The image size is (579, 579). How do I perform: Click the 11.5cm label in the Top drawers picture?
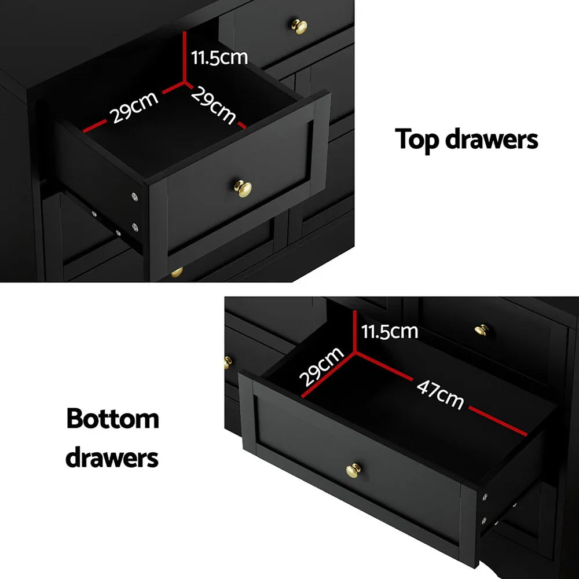tap(219, 57)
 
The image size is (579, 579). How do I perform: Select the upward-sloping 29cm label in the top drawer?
tap(135, 108)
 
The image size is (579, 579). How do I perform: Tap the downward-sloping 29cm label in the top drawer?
tap(214, 105)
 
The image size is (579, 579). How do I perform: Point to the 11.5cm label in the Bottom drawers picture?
tap(389, 331)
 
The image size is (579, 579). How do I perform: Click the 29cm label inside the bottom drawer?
tap(321, 367)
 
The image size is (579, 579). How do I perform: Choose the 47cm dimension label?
tap(440, 394)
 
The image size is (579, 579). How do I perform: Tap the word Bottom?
tap(113, 419)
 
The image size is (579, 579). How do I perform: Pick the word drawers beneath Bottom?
tap(112, 457)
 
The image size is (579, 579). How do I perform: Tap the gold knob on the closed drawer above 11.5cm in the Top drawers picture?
tap(299, 26)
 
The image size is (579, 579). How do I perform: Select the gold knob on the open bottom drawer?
tap(352, 470)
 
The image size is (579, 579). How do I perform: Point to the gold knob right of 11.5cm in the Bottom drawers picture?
tap(481, 330)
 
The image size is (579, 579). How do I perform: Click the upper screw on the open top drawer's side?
tap(135, 197)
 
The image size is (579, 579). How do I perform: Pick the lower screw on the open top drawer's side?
tap(135, 227)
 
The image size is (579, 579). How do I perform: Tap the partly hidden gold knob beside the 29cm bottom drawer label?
tap(228, 362)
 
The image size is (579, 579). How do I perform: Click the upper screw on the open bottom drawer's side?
tap(485, 497)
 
